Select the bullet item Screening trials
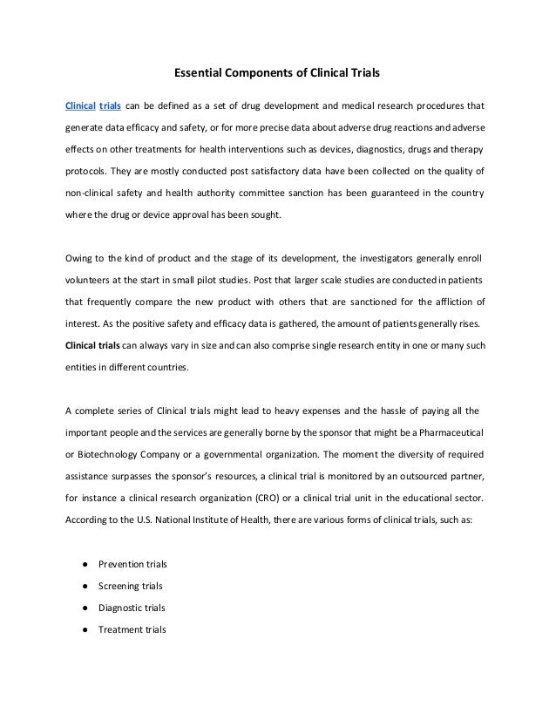[x=131, y=586]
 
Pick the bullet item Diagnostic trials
[x=132, y=608]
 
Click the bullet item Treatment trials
[x=132, y=629]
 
